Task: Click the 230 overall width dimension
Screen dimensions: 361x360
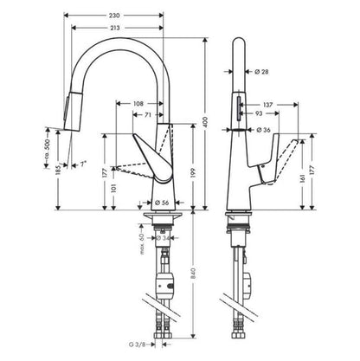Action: (x=130, y=16)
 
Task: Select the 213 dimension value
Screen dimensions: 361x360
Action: (x=130, y=29)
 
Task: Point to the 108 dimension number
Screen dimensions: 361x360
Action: (x=138, y=104)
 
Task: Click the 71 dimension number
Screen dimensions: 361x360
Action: (x=149, y=114)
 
